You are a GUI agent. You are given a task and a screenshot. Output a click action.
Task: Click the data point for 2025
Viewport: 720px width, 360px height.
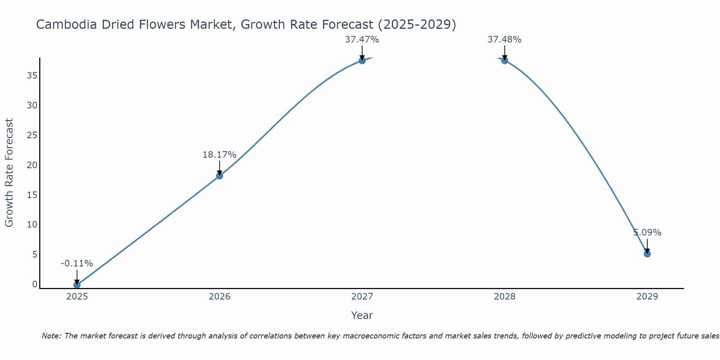[x=77, y=285]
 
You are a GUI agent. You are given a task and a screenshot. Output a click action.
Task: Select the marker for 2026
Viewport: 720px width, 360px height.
[x=219, y=176]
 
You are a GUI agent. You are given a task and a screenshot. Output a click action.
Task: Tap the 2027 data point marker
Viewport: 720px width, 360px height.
[x=362, y=60]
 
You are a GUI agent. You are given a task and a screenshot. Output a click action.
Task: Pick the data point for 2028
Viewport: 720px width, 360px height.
[x=504, y=60]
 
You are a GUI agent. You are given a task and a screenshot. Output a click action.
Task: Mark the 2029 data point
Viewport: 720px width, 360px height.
[x=647, y=254]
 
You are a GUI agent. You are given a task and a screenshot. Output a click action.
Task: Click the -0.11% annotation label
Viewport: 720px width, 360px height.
[x=77, y=264]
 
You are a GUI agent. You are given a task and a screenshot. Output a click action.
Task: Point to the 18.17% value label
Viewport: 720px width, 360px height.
[x=219, y=155]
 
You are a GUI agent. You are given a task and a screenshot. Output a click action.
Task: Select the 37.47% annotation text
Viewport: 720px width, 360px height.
[x=362, y=40]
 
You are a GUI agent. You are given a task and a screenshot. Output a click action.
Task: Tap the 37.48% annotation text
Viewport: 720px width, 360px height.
[x=504, y=40]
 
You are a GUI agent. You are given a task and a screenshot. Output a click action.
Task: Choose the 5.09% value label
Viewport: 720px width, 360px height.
[x=647, y=233]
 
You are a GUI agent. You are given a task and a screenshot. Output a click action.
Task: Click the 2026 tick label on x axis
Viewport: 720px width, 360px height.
[x=219, y=297]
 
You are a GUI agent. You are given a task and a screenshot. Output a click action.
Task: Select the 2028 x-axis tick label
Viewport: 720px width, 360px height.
[x=504, y=297]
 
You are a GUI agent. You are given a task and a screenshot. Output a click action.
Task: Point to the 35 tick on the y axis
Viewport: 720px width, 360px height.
[x=32, y=76]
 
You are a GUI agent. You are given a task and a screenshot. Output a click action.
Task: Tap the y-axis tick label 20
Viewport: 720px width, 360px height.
[x=32, y=165]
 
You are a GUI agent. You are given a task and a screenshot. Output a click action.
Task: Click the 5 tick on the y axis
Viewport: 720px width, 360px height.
[x=35, y=255]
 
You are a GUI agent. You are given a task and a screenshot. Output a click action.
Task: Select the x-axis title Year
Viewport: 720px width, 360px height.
[x=362, y=315]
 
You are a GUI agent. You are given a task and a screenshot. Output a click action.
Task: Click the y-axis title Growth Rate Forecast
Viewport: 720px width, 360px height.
[x=9, y=173]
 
